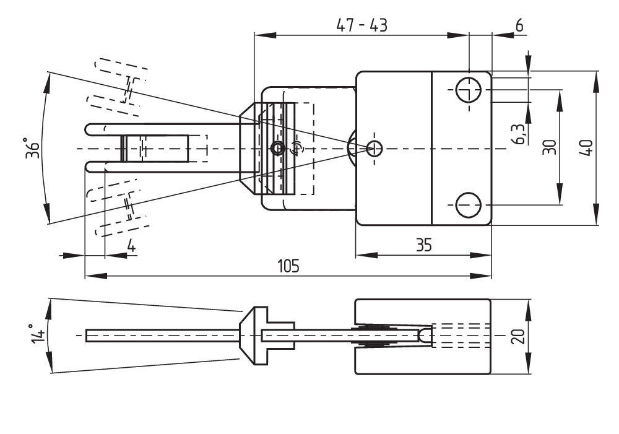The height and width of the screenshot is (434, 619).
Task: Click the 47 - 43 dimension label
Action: click(361, 25)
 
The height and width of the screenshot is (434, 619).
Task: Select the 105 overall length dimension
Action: click(288, 266)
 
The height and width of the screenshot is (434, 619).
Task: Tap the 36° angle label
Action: click(33, 148)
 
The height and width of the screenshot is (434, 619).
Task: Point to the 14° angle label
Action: click(38, 334)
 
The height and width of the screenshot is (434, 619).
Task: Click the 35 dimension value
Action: click(424, 245)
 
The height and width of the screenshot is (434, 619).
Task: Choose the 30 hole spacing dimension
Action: click(549, 147)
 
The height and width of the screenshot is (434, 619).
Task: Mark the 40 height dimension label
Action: click(587, 148)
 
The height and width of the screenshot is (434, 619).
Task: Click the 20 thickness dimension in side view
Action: click(518, 336)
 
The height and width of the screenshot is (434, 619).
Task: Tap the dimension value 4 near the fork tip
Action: click(131, 246)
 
